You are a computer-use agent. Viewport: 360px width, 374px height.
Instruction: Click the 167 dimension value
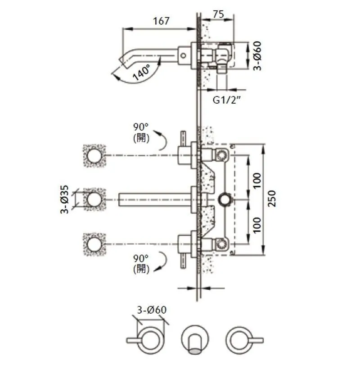coord(161,21)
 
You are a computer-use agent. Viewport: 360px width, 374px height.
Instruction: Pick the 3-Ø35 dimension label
coord(65,199)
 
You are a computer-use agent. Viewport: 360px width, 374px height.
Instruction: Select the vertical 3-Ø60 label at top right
coord(257,56)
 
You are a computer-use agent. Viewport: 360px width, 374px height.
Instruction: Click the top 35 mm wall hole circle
coord(94,155)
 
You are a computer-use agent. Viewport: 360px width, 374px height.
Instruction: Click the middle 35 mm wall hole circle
coord(94,199)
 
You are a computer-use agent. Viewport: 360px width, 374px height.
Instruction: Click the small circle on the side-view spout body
coord(183,56)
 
